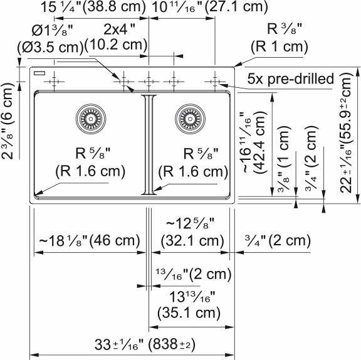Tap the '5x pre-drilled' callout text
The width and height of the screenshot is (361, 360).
(290, 79)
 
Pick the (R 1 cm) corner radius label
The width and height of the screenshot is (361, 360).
(279, 46)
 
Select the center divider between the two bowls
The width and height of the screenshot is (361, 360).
(149, 144)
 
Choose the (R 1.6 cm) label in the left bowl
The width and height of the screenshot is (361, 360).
(90, 171)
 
